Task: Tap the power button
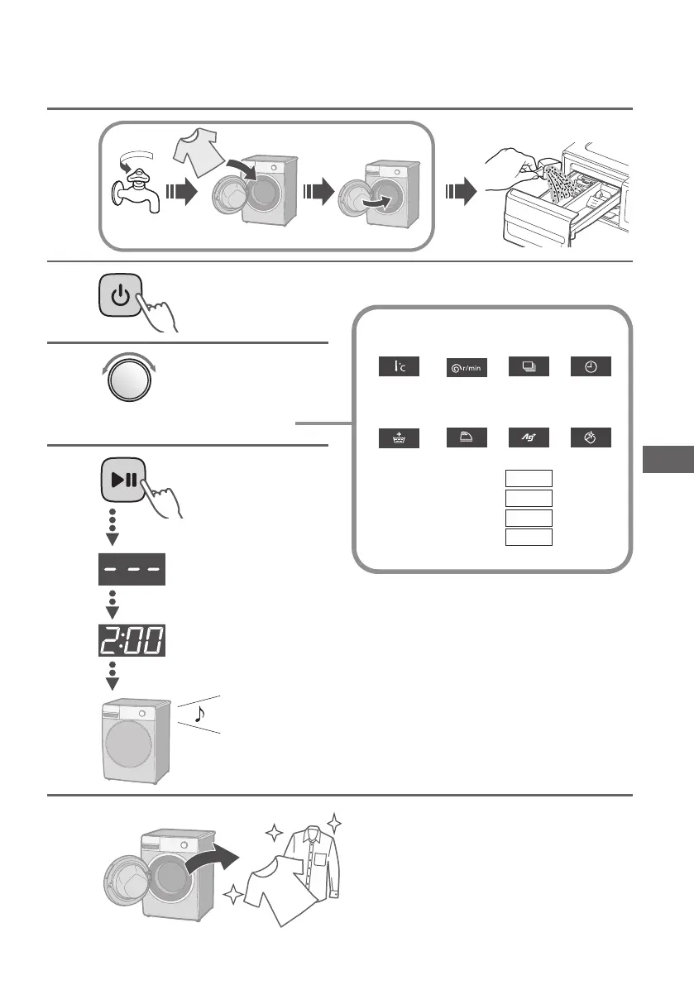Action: click(121, 296)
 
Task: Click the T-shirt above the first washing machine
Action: click(198, 155)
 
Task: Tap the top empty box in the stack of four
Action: click(529, 479)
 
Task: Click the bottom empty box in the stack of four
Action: click(529, 537)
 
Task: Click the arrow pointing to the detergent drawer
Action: click(461, 194)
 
